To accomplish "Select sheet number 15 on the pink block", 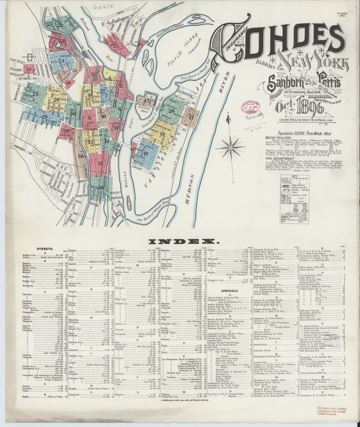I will tap(101, 163).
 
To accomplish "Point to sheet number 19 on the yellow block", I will tap(162, 134).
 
